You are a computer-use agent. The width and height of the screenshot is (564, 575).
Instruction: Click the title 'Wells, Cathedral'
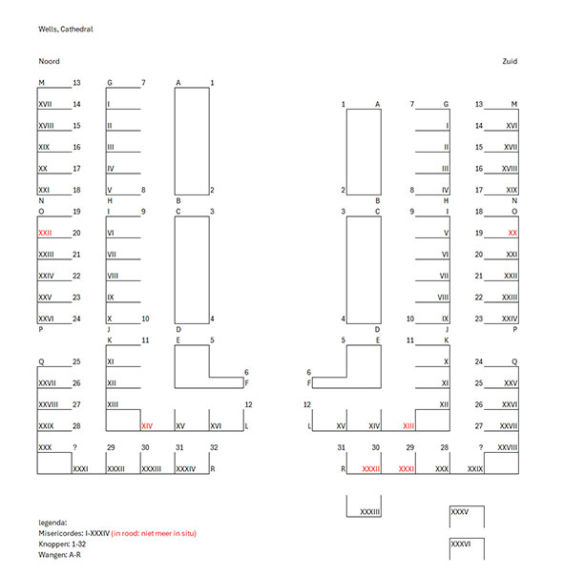coord(66,30)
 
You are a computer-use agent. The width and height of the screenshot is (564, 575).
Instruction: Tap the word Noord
coord(50,61)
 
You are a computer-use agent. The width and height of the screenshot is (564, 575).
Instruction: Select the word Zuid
coord(510,61)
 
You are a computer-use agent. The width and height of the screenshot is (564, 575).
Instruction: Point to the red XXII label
coord(45,233)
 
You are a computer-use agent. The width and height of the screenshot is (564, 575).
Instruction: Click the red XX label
coord(512,233)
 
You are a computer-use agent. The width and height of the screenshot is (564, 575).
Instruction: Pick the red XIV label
coord(147,426)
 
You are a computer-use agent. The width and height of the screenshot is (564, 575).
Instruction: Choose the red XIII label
coord(408,426)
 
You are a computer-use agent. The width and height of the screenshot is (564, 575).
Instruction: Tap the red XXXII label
coord(371,469)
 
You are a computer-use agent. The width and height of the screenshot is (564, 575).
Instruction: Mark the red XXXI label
coord(407,469)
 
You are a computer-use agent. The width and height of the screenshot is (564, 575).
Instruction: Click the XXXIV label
coord(186,469)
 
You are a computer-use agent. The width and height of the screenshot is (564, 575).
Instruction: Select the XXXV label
coord(460,512)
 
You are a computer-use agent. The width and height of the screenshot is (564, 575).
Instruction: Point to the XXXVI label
coord(461,544)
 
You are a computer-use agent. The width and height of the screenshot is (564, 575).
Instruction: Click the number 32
coord(214,447)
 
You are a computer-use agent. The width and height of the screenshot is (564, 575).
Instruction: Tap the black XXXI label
coord(80,469)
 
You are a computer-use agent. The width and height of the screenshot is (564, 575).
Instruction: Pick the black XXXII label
coord(116,469)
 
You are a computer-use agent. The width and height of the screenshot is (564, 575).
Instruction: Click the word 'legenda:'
coord(52,523)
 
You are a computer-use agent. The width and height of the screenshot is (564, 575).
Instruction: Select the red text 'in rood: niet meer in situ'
coord(154,533)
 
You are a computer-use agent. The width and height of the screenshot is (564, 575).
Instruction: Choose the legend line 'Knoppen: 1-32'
coord(62,544)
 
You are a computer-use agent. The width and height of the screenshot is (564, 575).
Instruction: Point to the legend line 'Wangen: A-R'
coord(59,555)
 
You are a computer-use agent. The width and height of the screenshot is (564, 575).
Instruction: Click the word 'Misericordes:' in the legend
coord(61,533)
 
